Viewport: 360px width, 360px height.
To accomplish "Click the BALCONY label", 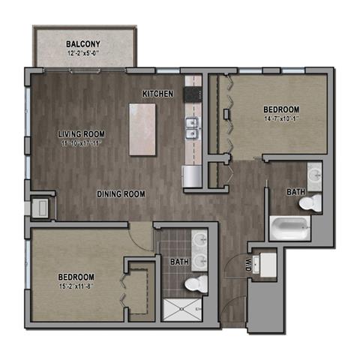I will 83,43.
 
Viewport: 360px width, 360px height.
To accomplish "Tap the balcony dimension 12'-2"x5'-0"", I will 83,53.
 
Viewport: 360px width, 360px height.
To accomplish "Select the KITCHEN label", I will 158,94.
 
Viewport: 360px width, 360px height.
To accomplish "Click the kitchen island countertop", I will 142,128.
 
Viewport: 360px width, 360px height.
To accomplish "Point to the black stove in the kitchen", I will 192,94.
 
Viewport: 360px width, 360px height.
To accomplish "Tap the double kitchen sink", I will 192,128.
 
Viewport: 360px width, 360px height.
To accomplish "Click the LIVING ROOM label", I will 82,134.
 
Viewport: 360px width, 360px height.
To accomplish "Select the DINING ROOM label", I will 121,194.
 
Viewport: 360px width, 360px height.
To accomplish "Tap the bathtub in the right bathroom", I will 290,227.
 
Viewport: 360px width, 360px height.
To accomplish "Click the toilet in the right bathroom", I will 315,202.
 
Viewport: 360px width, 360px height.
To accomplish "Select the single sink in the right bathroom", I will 315,176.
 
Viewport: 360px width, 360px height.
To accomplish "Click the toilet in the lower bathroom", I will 196,284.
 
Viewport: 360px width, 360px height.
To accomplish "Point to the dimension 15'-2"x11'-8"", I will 75,286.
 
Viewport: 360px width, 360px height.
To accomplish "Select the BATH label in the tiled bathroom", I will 178,262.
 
